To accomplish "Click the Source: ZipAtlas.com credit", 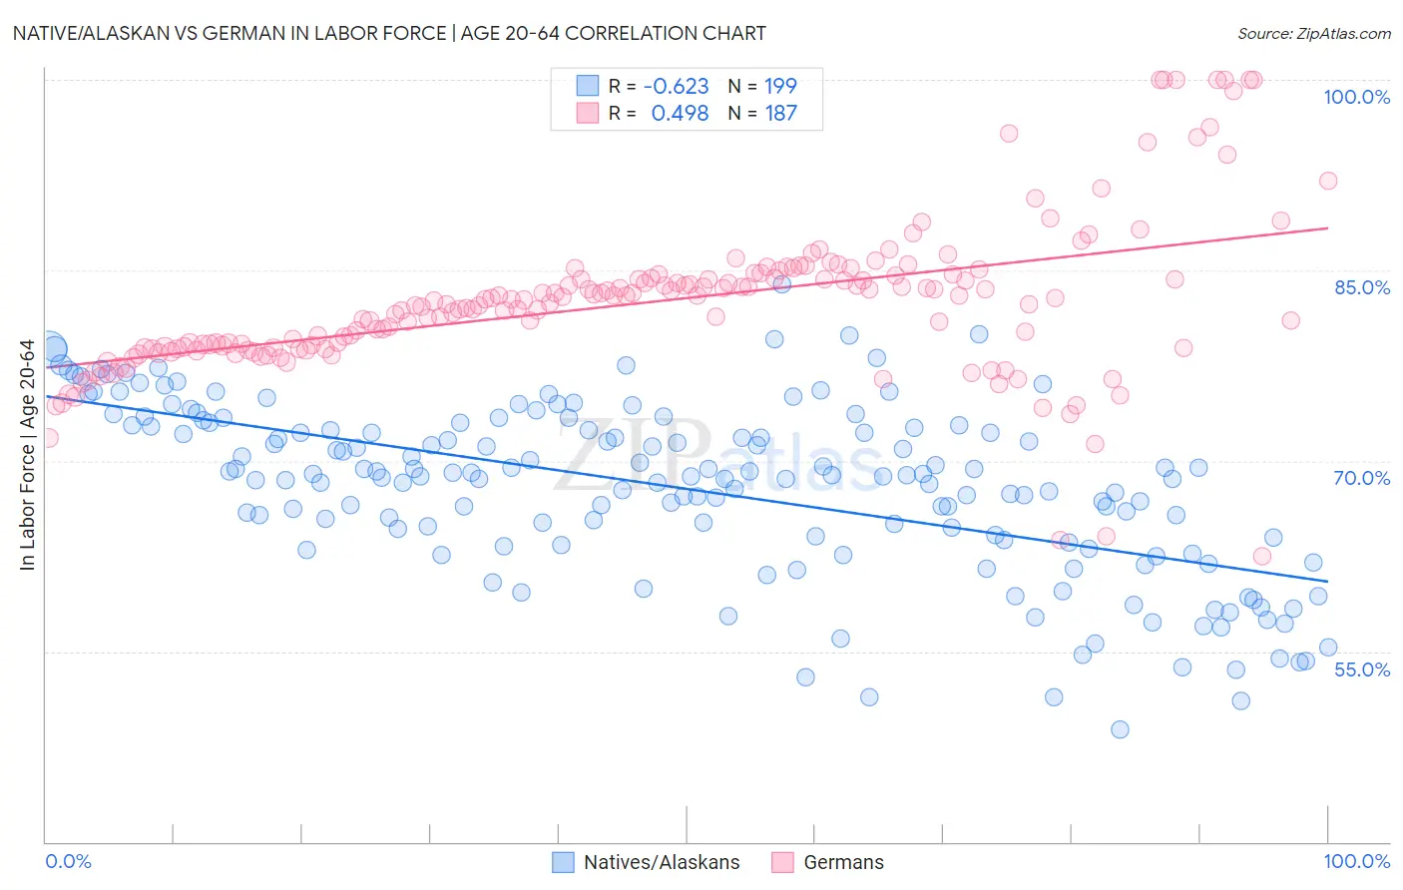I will [1313, 33].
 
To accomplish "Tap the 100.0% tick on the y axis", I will [1356, 97].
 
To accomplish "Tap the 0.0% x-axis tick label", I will [69, 861].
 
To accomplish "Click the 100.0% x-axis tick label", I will [1356, 861].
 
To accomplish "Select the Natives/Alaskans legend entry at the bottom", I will [647, 862].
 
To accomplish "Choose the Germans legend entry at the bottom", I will [828, 862].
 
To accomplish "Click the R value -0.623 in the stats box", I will [677, 86].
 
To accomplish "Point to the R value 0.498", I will [680, 113].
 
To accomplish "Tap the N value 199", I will [780, 86].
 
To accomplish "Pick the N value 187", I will [780, 113].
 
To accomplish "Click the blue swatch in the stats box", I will [588, 86].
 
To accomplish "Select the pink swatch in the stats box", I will [588, 113].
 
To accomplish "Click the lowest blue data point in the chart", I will [1120, 729].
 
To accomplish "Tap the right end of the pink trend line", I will [1327, 228].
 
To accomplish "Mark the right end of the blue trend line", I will [1327, 581].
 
